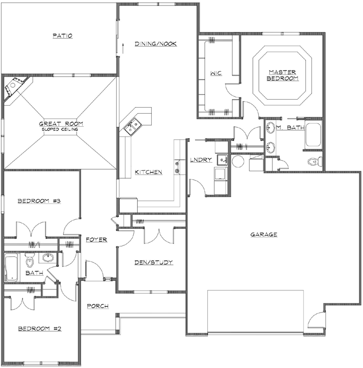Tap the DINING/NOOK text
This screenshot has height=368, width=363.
[156, 44]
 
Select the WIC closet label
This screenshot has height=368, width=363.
[215, 73]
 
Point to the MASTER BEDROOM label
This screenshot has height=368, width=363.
[282, 75]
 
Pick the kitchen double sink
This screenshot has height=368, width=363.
[133, 126]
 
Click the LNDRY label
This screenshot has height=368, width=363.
[201, 160]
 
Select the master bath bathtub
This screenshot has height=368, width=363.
[313, 136]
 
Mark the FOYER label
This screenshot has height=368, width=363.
[96, 240]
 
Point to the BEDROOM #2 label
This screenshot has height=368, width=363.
[40, 329]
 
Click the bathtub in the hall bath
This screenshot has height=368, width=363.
[11, 267]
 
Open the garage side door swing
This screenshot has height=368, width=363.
[316, 320]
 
